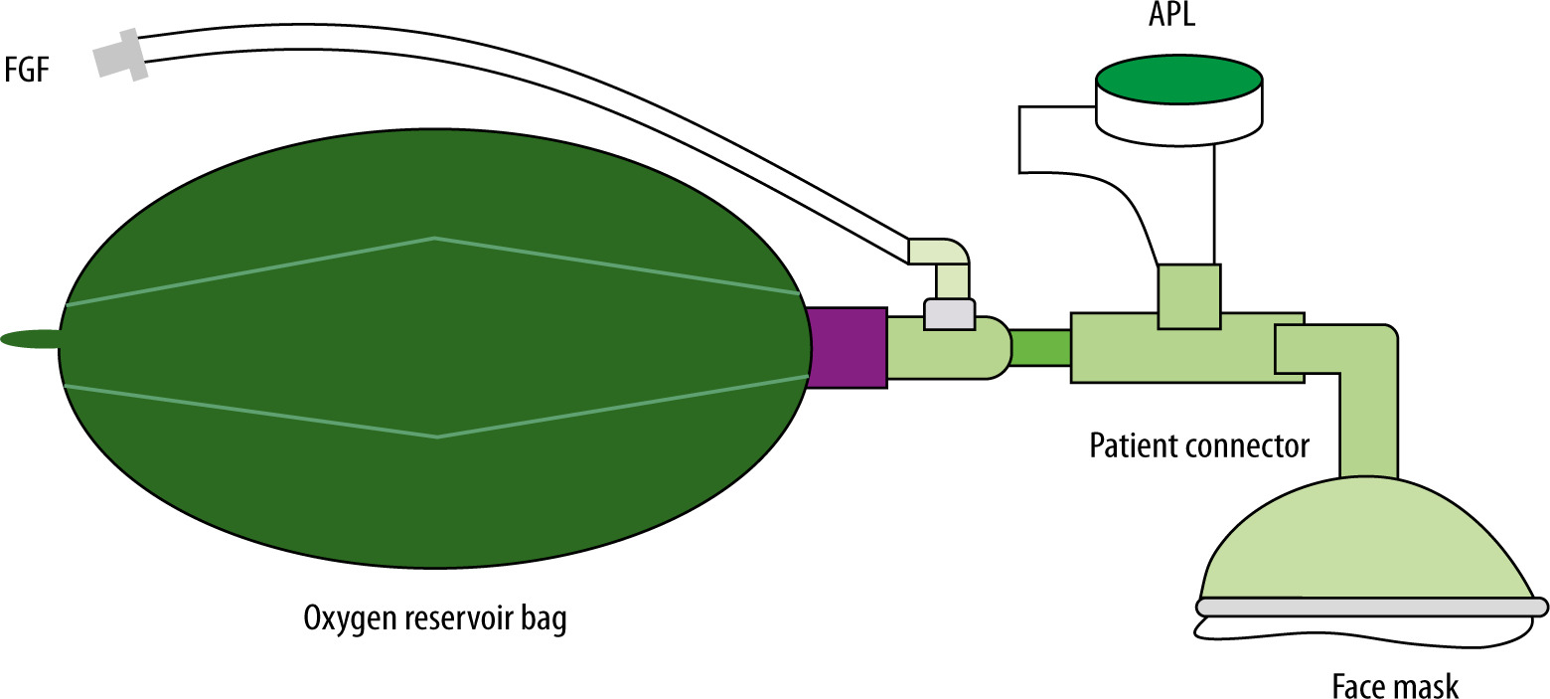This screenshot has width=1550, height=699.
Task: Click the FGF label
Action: click(28, 72)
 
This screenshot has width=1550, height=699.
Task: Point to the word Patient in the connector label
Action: click(1129, 444)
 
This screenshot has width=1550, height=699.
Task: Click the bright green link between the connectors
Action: click(1040, 347)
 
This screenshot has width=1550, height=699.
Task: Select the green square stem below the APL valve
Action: click(1189, 295)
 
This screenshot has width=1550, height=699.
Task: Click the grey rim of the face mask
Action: click(1371, 606)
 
